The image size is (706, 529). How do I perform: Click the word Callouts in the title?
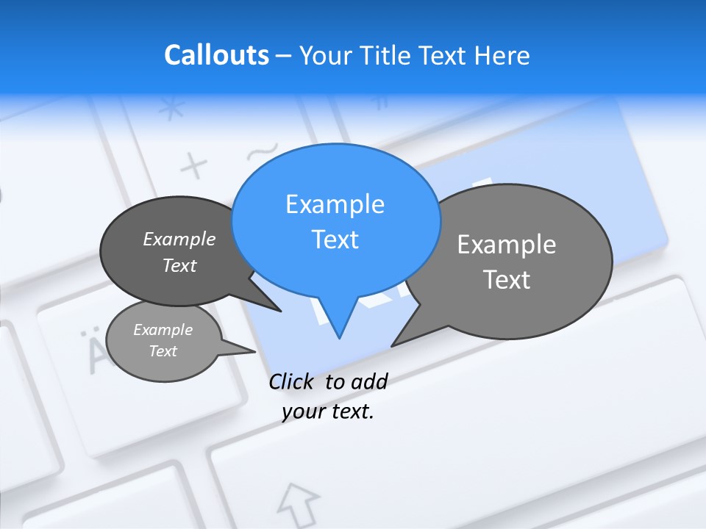[216, 56]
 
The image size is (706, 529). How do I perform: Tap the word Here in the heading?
[502, 56]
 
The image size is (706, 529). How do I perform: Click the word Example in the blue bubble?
[335, 204]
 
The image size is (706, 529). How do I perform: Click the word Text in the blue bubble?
[335, 240]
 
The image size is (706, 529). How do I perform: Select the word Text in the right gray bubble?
[507, 280]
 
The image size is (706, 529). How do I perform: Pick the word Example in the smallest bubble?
[163, 330]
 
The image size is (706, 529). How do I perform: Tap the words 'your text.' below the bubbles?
[328, 411]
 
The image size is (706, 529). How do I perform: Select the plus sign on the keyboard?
[194, 167]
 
